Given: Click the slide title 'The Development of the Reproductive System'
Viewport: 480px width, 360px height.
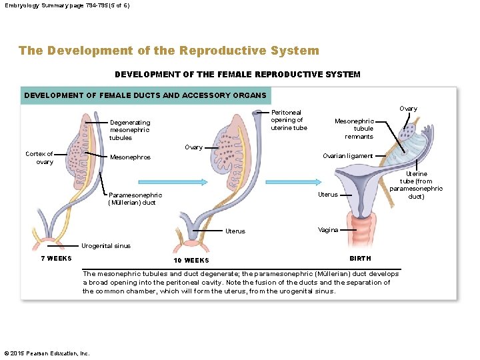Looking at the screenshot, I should [169, 51].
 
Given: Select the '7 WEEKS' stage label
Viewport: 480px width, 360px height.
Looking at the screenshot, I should [56, 259].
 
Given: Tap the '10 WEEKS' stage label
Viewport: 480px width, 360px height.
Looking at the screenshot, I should [191, 260].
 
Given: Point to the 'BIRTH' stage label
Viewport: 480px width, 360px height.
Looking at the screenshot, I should [360, 258].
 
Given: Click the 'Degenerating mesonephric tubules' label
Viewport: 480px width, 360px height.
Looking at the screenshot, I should [130, 130].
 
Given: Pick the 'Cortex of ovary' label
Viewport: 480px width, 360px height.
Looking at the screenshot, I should [39, 158].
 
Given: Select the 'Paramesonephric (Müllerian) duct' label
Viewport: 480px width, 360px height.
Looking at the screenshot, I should [135, 199].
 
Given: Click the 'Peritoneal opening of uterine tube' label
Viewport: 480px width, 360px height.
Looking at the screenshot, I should [289, 120].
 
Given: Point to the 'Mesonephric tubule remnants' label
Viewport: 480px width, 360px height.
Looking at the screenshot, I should [354, 129].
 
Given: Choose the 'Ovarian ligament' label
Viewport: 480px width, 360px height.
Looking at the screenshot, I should [347, 156].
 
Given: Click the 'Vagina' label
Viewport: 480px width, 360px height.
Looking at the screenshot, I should [328, 229].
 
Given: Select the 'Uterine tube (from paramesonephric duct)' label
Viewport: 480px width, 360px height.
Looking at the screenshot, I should [416, 185].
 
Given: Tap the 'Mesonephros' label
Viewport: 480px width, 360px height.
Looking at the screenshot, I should [130, 157].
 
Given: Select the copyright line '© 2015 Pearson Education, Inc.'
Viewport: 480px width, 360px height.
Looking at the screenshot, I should [47, 353].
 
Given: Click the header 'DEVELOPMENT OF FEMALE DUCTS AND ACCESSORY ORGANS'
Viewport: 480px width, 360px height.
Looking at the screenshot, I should [145, 95].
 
